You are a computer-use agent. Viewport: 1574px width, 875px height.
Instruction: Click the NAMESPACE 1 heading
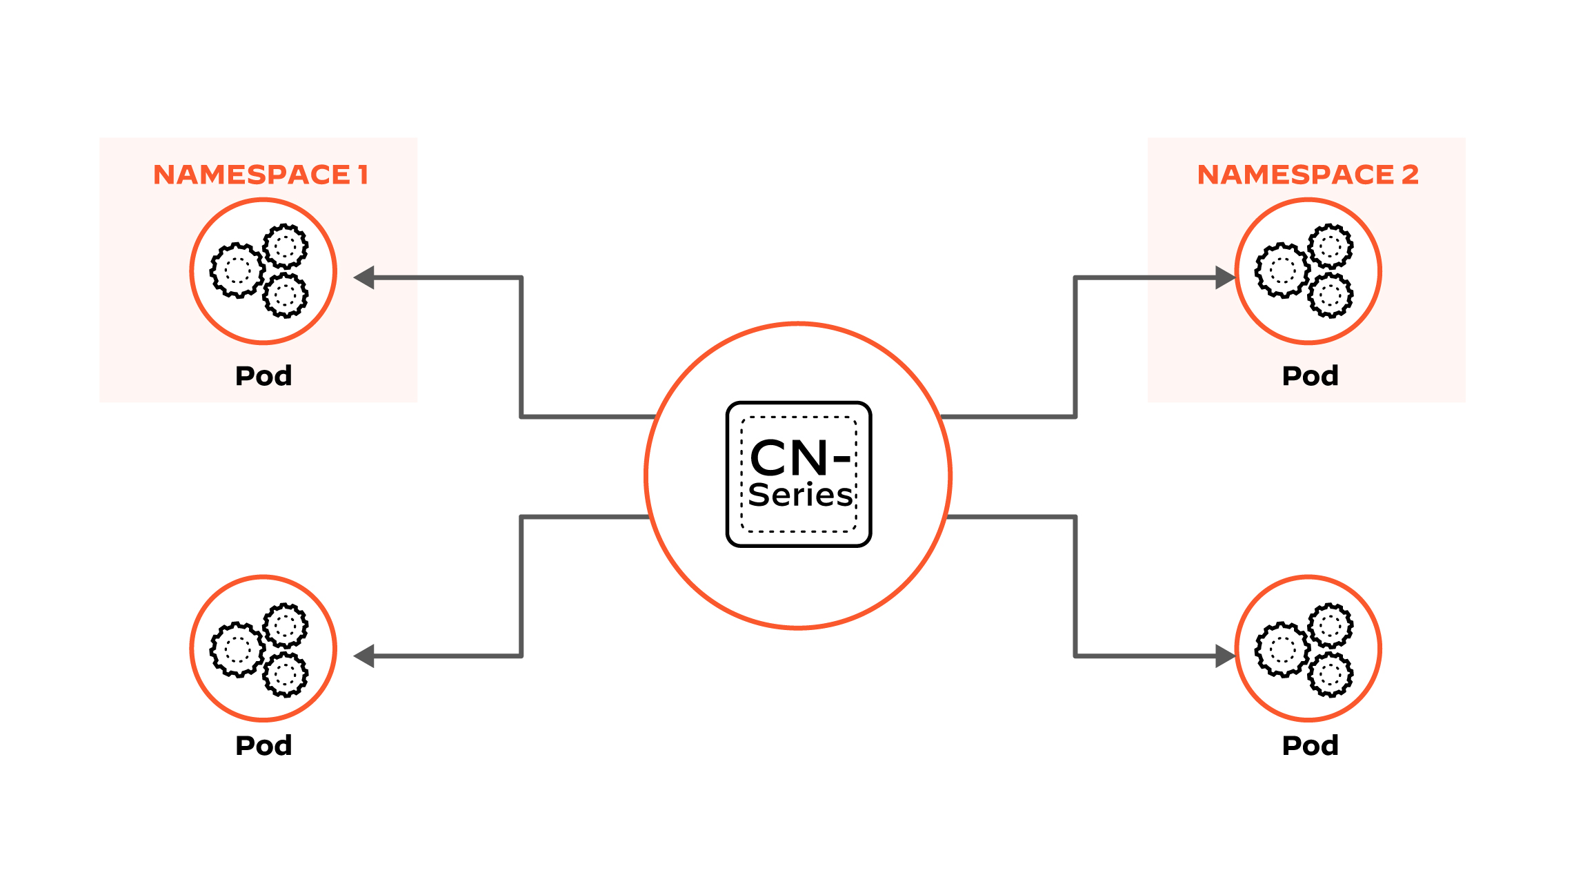point(260,175)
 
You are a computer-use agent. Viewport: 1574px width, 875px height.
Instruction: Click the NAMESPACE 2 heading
point(1307,175)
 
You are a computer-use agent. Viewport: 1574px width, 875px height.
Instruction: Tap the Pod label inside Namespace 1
point(263,376)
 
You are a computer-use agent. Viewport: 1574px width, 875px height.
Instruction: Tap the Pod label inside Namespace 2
point(1310,376)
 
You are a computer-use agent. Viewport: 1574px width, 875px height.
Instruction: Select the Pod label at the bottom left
point(263,746)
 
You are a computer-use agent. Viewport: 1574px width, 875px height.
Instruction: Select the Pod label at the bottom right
point(1310,746)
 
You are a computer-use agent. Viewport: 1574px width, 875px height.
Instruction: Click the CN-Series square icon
point(799,474)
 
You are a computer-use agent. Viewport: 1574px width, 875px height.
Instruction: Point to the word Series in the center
point(800,495)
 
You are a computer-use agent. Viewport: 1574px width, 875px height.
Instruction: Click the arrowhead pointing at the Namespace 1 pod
point(364,277)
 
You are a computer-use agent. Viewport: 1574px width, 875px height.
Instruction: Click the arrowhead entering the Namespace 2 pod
point(1224,277)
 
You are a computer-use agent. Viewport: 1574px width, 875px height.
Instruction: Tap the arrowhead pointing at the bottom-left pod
point(364,656)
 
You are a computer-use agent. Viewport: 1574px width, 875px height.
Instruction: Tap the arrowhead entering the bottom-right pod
point(1224,656)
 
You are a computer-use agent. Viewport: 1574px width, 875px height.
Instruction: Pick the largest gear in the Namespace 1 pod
point(237,270)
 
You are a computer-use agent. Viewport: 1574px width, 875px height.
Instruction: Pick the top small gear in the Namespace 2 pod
point(1331,246)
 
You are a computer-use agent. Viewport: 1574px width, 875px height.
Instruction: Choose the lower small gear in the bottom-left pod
point(286,674)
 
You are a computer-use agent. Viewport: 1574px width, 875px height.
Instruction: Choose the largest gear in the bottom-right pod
point(1282,649)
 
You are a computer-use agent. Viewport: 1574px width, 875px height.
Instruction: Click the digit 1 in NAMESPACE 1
point(363,175)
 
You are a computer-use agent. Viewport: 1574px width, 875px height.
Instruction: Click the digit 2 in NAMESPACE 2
point(1410,175)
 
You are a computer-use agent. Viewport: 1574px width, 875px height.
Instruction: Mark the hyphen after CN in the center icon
point(841,458)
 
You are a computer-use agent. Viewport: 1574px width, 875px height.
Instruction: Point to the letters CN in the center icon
point(788,458)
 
